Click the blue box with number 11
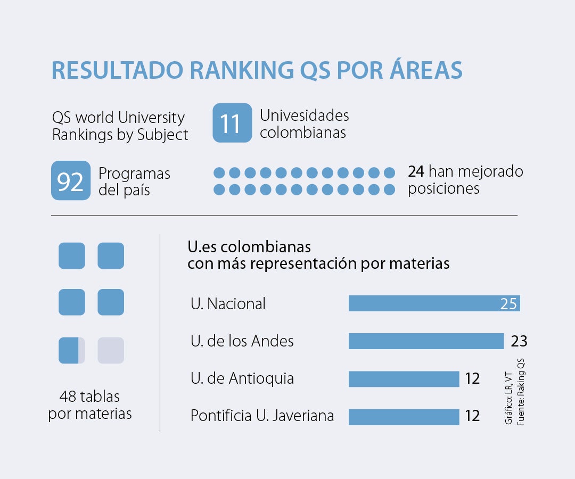pos(232,123)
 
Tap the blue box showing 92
pos(71,180)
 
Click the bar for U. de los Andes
pos(426,341)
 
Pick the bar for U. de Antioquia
pos(404,379)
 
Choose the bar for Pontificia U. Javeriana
pos(404,417)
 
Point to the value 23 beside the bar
pos(519,341)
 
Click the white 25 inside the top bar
pos(508,304)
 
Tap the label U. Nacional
pos(228,304)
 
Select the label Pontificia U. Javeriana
pos(262,416)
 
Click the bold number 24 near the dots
pos(416,172)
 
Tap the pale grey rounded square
pos(111,350)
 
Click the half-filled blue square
pos(71,350)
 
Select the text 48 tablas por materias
pos(90,405)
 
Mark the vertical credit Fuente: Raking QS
pos(521,391)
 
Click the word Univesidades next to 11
pos(305,115)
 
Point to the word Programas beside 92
pos(135,174)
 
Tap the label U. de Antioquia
pos(242,378)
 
